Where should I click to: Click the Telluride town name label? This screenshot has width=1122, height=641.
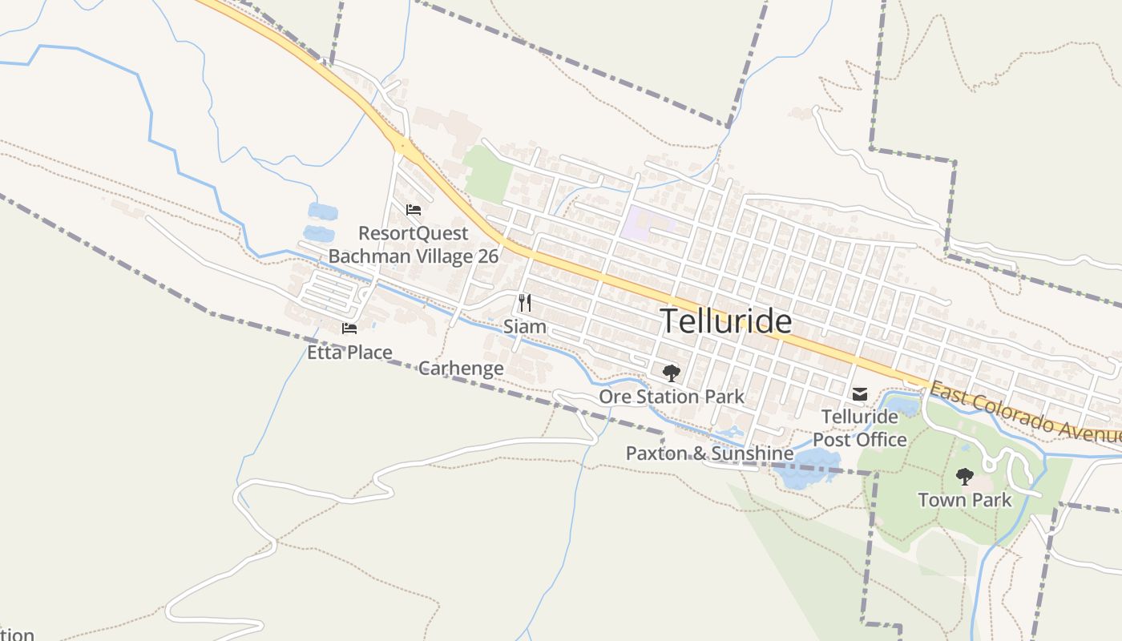point(726,321)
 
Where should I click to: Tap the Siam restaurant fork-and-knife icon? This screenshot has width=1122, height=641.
point(525,303)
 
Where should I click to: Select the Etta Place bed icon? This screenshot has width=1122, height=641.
point(349,329)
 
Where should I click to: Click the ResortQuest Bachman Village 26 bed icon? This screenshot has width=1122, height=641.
point(414,210)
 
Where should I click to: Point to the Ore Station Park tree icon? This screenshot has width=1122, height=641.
point(671,373)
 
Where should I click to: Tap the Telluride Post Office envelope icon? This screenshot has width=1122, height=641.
point(860,394)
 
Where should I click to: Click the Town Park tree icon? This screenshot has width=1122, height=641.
point(965,477)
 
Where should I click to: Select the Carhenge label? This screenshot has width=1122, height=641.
point(461,369)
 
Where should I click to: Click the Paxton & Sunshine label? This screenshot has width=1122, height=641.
point(709,454)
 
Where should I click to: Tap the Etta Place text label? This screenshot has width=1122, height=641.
point(349,353)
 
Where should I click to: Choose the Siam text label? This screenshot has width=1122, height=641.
point(525,327)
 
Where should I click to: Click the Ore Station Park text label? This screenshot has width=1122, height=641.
point(672,397)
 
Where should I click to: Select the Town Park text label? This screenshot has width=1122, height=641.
point(965,500)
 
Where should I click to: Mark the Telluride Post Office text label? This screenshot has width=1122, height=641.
point(860,429)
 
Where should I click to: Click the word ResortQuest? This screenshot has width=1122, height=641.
point(413,233)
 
